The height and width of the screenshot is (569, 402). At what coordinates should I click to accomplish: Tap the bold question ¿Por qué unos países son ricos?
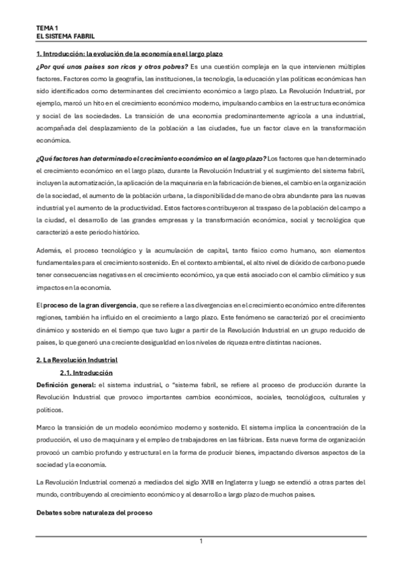(x=112, y=66)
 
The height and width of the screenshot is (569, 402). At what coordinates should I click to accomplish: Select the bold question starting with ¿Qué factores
(x=151, y=156)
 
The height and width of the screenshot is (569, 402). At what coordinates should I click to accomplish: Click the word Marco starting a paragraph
(x=46, y=426)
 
